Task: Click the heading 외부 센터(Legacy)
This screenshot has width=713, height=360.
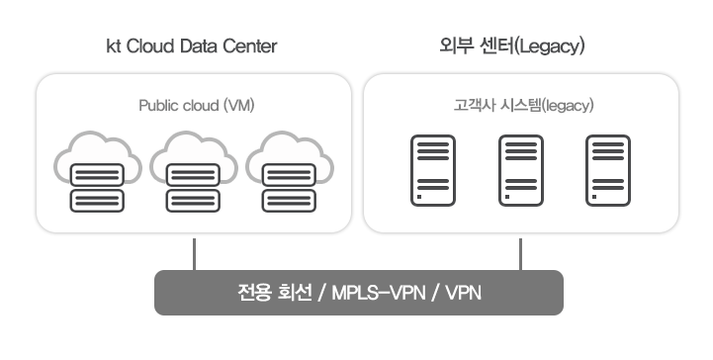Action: coord(521,46)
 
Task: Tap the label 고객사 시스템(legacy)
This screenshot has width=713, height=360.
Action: coord(521,104)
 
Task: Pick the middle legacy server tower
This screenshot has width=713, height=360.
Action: coord(520,170)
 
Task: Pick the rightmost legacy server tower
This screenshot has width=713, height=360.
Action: coord(607,170)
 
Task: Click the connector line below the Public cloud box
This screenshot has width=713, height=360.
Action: coord(194,253)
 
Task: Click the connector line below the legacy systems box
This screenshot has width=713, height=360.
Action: coord(520,253)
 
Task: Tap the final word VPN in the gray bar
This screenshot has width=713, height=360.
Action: coord(464,294)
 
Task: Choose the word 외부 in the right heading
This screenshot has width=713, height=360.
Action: coord(454,46)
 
